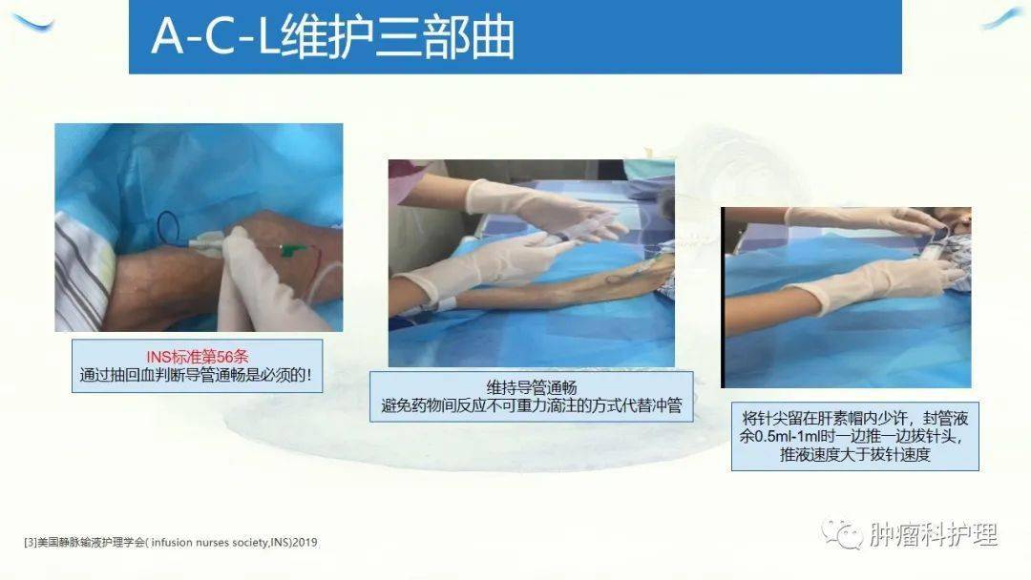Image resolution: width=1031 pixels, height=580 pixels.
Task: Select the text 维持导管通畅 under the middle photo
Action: coord(531,387)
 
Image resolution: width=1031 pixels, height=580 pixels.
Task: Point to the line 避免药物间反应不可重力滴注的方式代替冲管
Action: coord(531,406)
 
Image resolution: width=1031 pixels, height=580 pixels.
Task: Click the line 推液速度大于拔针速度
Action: coord(854,455)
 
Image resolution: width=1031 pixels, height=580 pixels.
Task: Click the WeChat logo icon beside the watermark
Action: coord(843,532)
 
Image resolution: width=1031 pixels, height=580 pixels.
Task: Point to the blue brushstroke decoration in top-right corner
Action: coord(1002,19)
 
